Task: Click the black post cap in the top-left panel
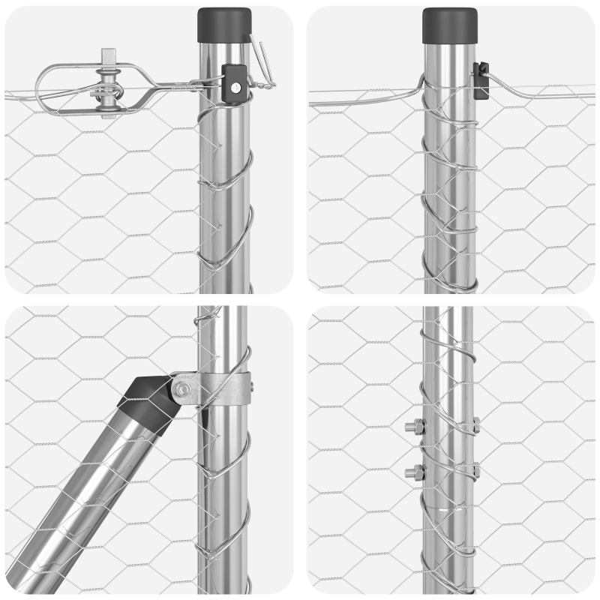(224, 25)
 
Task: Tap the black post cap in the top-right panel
(450, 25)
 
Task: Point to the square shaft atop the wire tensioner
(109, 57)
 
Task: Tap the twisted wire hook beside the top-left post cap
(262, 56)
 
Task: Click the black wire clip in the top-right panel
(481, 78)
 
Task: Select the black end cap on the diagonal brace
(149, 404)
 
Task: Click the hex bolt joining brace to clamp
(181, 388)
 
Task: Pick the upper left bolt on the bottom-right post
(414, 427)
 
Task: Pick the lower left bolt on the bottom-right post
(414, 472)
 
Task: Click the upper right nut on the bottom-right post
(475, 425)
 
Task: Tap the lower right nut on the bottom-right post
(475, 470)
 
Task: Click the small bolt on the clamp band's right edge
(251, 388)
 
